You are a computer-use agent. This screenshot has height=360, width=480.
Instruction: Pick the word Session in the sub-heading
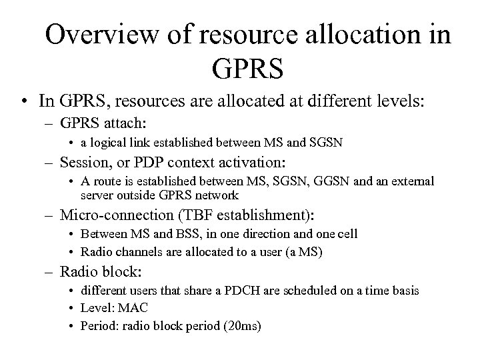point(81,162)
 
